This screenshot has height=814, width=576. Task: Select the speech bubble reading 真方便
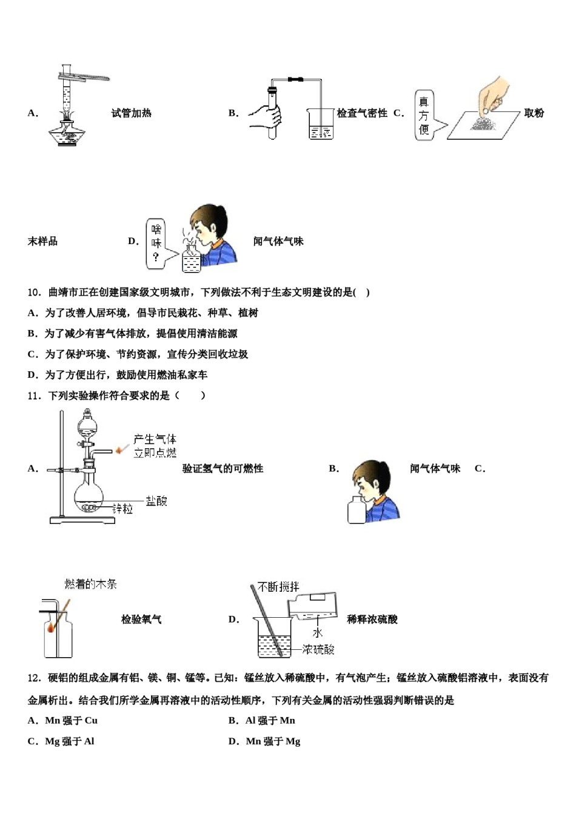(424, 115)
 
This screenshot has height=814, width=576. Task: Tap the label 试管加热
(131, 113)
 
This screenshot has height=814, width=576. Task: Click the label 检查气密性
(362, 113)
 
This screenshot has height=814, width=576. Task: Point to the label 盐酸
(156, 501)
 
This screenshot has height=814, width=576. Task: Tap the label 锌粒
(122, 509)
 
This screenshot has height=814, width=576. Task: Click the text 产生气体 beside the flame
(155, 439)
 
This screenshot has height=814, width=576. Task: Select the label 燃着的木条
(91, 584)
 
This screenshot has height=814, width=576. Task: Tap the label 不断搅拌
(278, 587)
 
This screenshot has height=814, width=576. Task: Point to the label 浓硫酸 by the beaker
(318, 649)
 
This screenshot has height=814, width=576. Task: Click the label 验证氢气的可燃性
(223, 469)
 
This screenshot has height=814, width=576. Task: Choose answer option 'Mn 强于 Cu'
(71, 721)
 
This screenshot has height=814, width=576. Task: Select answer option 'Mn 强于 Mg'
(273, 741)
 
